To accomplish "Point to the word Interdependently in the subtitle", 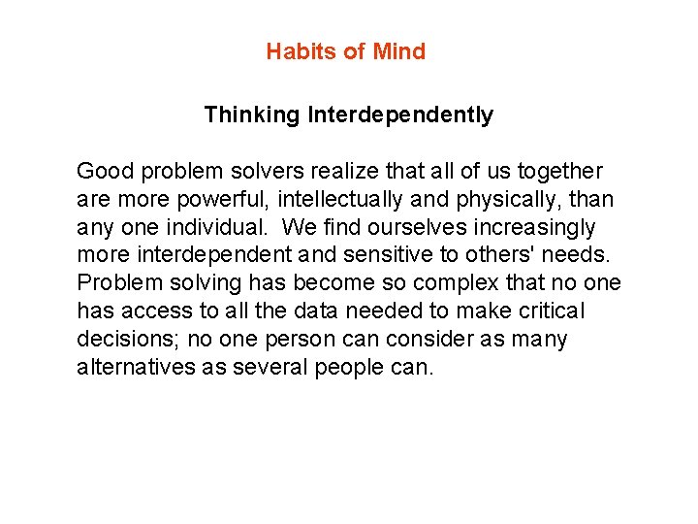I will (x=400, y=115).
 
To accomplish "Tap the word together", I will (x=559, y=172).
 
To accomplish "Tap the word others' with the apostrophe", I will (x=519, y=256).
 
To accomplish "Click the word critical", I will (x=550, y=312).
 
